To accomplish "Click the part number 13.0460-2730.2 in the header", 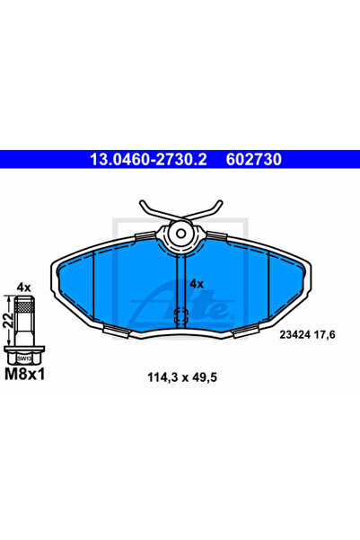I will click(144, 160).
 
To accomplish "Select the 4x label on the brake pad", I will click(197, 284).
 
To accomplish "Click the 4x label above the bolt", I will click(24, 287).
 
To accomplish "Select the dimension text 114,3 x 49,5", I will click(180, 377).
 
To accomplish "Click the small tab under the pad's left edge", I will click(116, 331).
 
